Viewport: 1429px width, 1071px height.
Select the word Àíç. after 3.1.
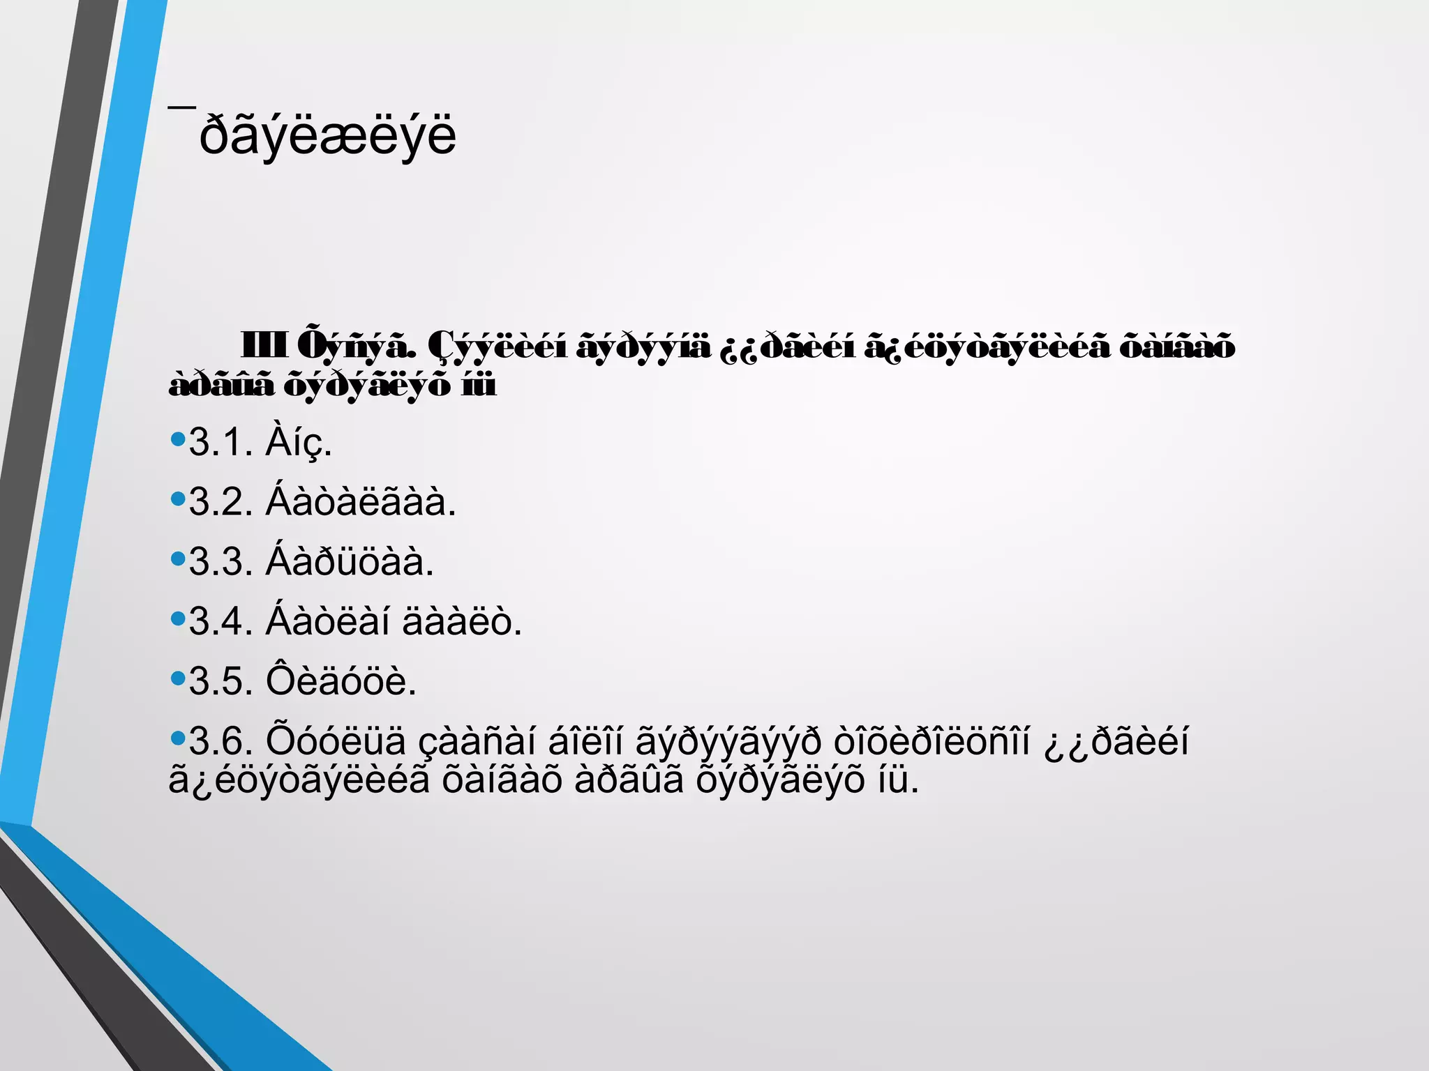coord(299,442)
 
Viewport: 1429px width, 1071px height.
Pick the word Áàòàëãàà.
coord(361,502)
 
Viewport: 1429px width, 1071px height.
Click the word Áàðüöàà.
coord(350,562)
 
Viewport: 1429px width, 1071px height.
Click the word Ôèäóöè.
coord(341,681)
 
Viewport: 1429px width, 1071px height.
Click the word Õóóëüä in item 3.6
coord(336,741)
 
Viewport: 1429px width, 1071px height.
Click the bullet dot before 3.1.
coord(178,439)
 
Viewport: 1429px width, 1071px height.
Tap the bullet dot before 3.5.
coord(178,678)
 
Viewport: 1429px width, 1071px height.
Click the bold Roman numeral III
coord(263,346)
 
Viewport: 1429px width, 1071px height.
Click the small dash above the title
coord(181,107)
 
